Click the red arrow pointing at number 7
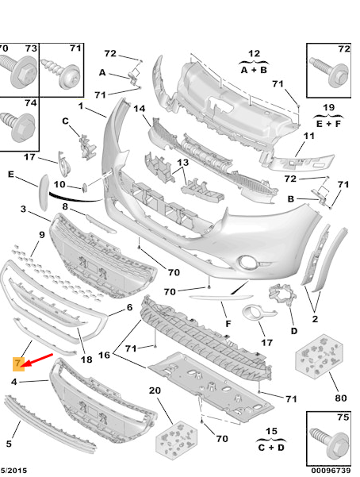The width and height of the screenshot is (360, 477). pyautogui.click(x=38, y=360)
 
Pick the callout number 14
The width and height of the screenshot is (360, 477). pyautogui.click(x=139, y=109)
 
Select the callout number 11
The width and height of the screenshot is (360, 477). pyautogui.click(x=309, y=137)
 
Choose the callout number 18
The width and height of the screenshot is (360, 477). pyautogui.click(x=87, y=360)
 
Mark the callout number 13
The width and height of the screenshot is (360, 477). pyautogui.click(x=182, y=163)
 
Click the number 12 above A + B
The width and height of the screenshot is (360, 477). pyautogui.click(x=254, y=53)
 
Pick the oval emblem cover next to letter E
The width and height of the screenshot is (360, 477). pyautogui.click(x=40, y=190)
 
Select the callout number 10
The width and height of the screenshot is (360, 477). pyautogui.click(x=59, y=185)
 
